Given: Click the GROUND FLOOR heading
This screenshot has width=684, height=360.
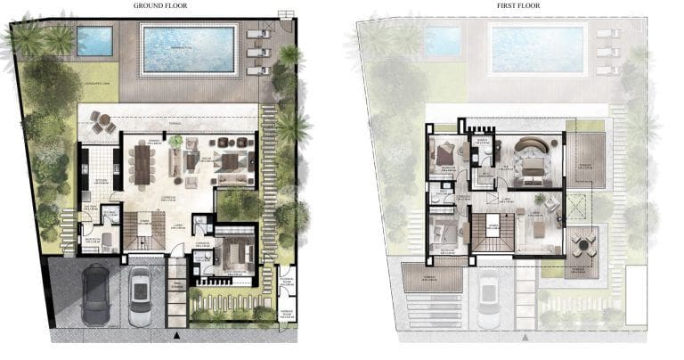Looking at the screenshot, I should coord(159,5).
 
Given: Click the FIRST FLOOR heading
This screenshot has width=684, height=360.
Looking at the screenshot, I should coord(517,5).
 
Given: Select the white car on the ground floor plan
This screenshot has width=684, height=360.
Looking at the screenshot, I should coord(141,298).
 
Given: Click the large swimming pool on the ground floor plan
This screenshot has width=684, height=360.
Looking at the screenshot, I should coord(188,48).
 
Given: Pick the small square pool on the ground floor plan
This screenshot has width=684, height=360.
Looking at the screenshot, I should coord(95,40).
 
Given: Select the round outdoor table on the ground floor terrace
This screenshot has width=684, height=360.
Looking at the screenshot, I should coord(102,124).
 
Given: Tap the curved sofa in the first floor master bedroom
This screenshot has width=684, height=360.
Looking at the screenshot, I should coord(533,146).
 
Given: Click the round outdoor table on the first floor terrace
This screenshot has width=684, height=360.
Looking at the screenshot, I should coord(583,242).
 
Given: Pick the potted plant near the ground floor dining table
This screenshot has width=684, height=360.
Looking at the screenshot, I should coord(176,141).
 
